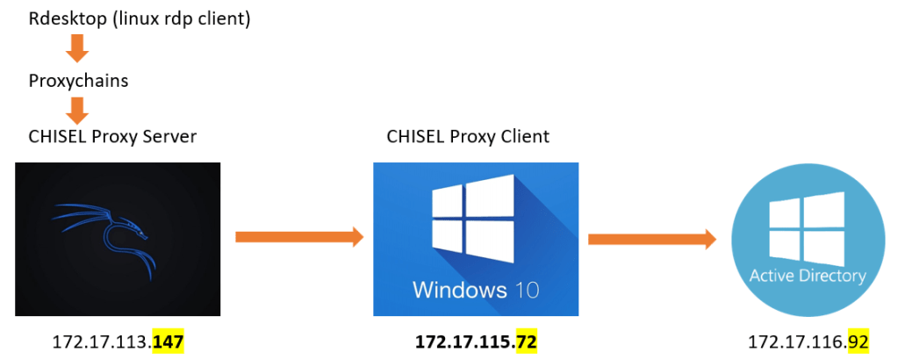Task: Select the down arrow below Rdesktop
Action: pyautogui.click(x=77, y=48)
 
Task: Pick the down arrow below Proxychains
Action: pyautogui.click(x=77, y=110)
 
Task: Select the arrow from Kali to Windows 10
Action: pyautogui.click(x=299, y=236)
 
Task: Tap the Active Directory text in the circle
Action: pyautogui.click(x=807, y=276)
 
